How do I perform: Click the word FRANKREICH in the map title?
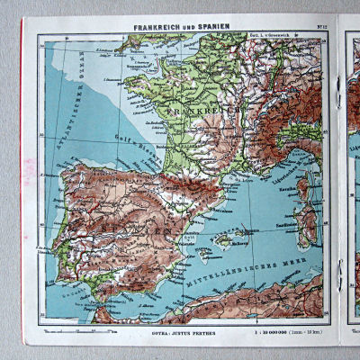(158, 28)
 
